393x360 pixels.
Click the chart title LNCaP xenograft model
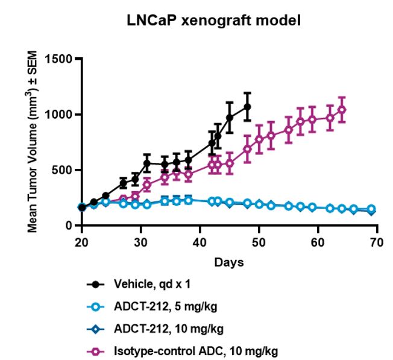[x=213, y=21]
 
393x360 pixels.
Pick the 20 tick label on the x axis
[x=81, y=242]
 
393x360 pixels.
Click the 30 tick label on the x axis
[x=140, y=242]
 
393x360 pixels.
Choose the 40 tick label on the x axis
[x=200, y=242]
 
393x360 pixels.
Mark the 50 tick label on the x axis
[x=259, y=242]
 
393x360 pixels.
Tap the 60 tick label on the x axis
[x=318, y=242]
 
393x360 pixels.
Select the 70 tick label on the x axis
[x=377, y=242]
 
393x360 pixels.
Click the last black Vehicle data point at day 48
[x=247, y=107]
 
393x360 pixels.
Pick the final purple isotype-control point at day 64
[x=342, y=110]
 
